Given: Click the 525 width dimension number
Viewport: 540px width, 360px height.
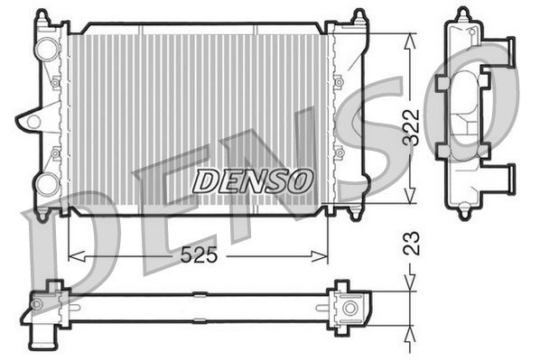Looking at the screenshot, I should [198, 255].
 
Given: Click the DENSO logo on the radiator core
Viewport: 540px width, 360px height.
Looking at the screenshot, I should [253, 180].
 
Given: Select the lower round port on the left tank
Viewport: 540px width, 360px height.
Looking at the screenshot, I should [46, 184].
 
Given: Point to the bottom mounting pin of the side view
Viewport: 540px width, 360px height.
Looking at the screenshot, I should [463, 213].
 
